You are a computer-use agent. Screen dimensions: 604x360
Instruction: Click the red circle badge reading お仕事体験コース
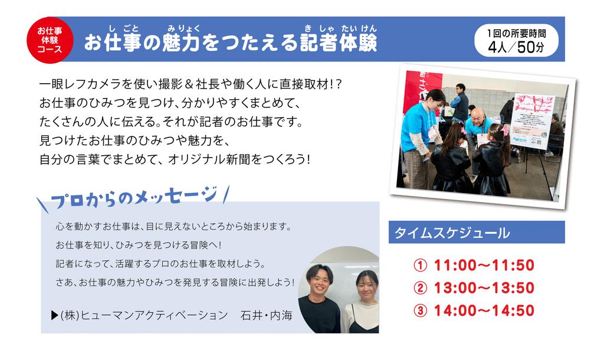(x=50, y=40)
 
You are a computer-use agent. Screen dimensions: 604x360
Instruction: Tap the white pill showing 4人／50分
(x=516, y=41)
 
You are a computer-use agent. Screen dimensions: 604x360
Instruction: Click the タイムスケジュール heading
(x=452, y=233)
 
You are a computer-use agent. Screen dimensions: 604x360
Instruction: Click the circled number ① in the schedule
(x=420, y=266)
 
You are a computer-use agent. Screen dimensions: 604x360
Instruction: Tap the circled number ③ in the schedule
(x=420, y=310)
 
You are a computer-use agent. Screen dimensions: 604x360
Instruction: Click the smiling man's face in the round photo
(x=319, y=280)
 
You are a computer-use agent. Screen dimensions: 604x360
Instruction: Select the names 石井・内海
(x=266, y=316)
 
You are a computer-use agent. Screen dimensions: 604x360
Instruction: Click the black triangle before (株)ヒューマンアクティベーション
(x=54, y=316)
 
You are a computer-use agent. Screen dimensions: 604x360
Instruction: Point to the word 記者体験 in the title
(x=339, y=42)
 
